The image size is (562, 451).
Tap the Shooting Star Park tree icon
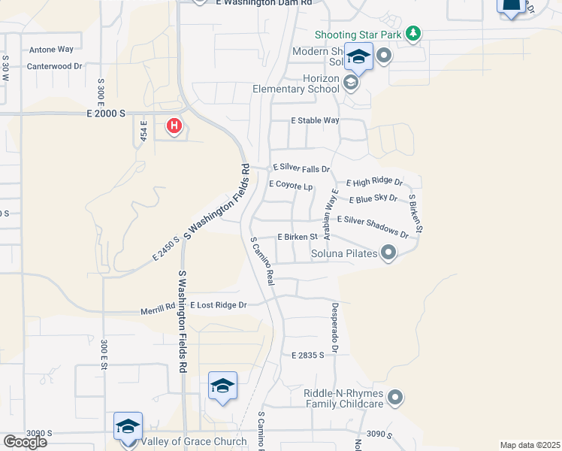click(x=412, y=33)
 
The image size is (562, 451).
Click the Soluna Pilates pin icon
click(x=388, y=253)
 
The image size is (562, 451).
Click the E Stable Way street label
click(x=316, y=120)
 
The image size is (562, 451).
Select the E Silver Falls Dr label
click(x=301, y=168)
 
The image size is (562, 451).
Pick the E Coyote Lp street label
click(x=290, y=185)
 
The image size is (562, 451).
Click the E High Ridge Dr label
click(x=374, y=182)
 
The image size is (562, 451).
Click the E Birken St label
click(x=298, y=236)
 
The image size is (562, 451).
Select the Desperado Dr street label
click(x=335, y=328)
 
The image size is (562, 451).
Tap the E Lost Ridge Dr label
click(x=219, y=305)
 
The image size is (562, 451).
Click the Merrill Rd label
click(x=158, y=307)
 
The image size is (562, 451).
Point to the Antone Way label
click(x=51, y=50)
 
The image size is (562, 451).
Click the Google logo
click(x=25, y=441)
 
